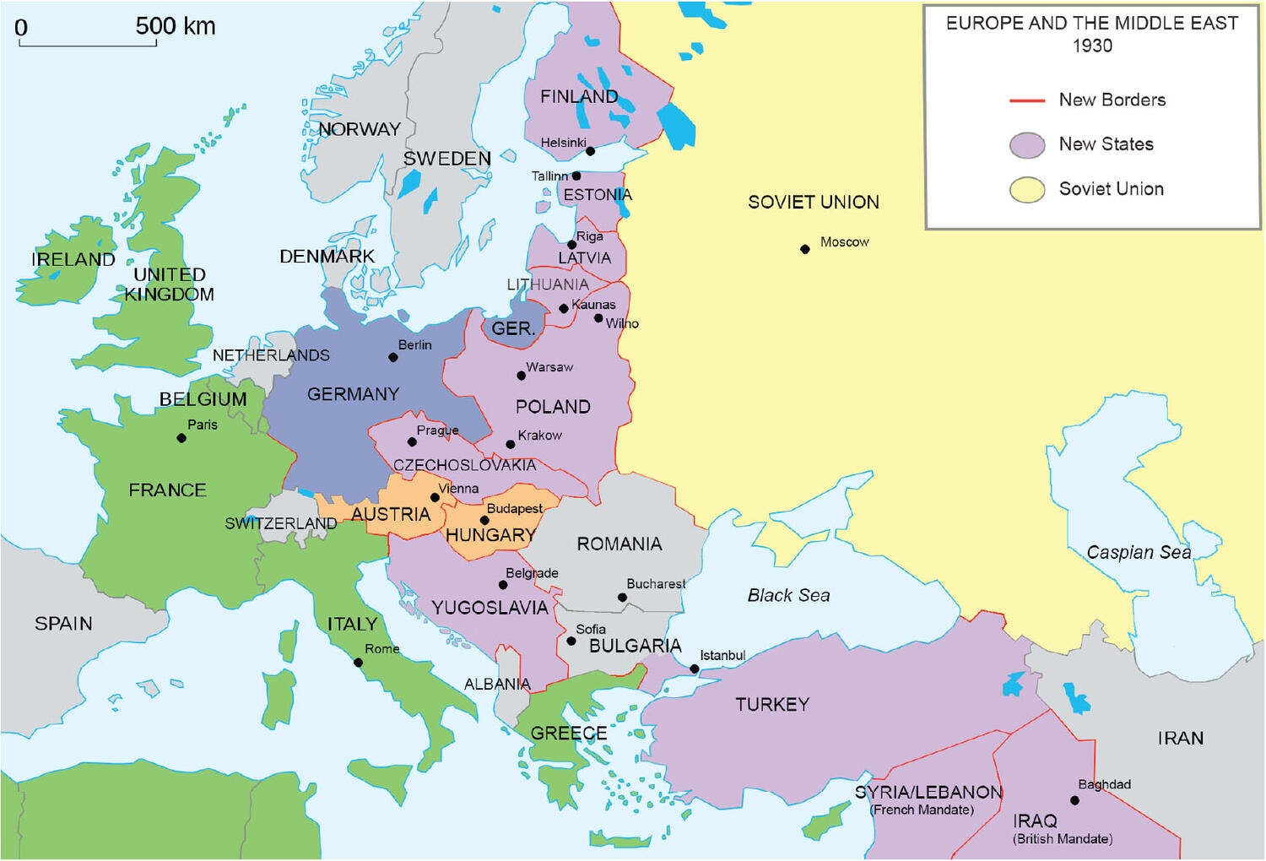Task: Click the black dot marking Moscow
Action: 805,249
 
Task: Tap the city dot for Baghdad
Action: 1074,800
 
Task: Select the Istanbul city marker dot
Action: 695,669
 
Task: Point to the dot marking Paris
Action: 181,438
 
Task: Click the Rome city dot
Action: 358,663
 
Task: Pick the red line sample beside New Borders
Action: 1027,100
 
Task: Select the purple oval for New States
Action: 1027,145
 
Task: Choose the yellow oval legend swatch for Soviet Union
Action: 1027,190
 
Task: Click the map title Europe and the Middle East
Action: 1092,24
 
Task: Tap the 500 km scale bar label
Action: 176,26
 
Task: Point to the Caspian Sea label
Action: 1139,553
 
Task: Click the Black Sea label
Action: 788,596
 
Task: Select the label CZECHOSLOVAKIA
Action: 464,465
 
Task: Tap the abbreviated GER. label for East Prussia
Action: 513,329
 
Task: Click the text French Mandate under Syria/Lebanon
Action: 922,810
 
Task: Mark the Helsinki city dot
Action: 590,151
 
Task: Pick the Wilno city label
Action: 622,324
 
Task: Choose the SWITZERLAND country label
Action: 280,524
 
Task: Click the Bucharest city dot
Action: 622,598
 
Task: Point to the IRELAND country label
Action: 73,260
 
